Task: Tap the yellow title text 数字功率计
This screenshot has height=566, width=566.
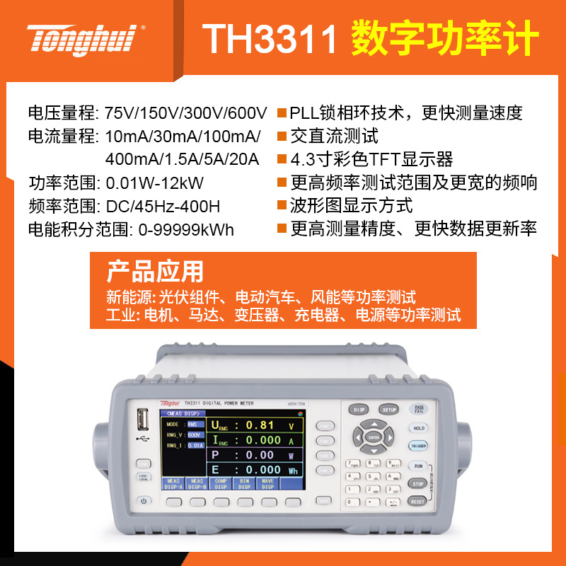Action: pyautogui.click(x=445, y=39)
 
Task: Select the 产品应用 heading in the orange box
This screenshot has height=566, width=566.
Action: pyautogui.click(x=155, y=271)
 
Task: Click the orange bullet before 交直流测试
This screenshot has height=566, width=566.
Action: pyautogui.click(x=282, y=137)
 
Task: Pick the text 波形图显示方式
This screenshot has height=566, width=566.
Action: pyautogui.click(x=352, y=206)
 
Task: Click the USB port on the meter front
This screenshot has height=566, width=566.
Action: pyautogui.click(x=142, y=422)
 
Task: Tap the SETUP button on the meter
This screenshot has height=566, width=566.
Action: pyautogui.click(x=389, y=410)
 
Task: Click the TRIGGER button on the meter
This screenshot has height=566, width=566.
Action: pyautogui.click(x=417, y=446)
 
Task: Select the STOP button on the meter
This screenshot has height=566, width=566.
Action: pyautogui.click(x=417, y=484)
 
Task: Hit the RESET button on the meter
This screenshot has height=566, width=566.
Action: pyautogui.click(x=417, y=501)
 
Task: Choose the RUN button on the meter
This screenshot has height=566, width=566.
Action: pyautogui.click(x=417, y=466)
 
